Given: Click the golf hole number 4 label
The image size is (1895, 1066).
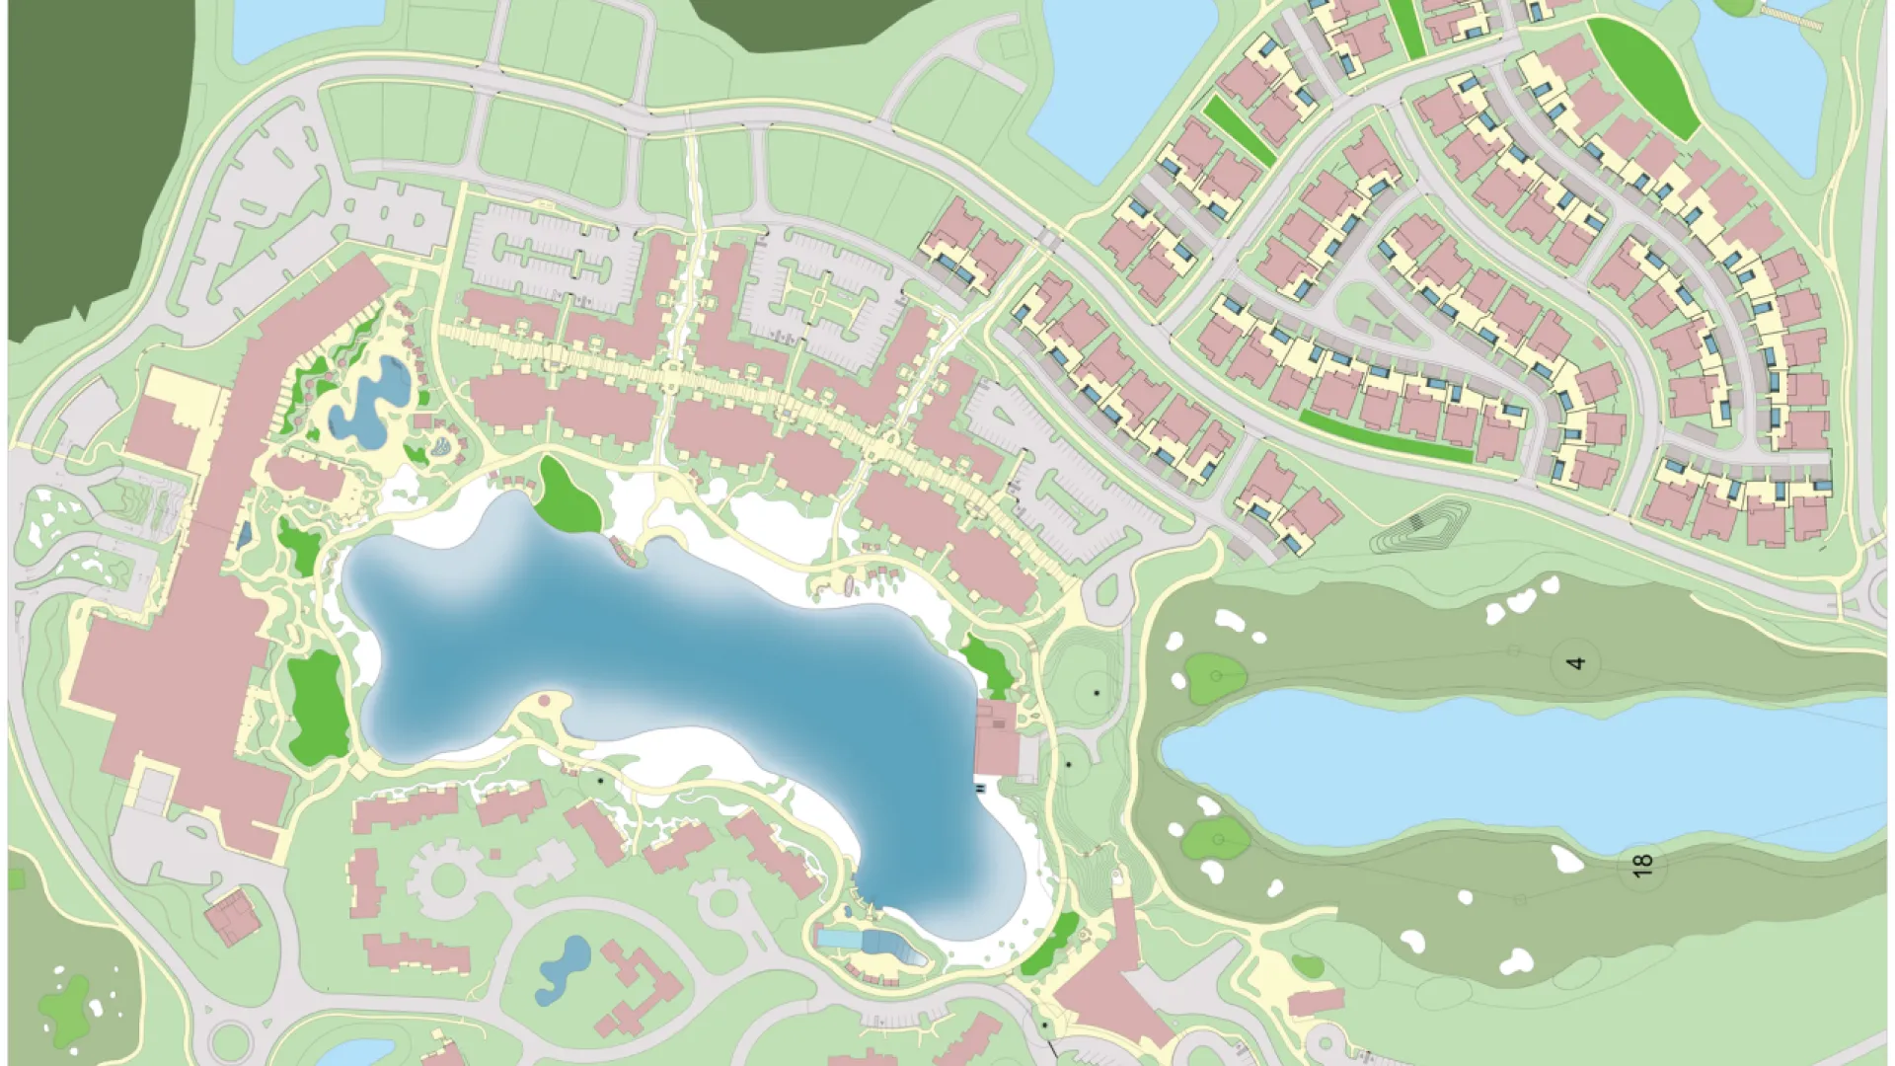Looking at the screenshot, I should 1576,661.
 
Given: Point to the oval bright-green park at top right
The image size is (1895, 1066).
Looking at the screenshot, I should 1642,79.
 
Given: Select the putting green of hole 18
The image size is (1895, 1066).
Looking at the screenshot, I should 1216,839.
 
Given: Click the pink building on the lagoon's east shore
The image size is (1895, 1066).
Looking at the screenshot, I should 997,738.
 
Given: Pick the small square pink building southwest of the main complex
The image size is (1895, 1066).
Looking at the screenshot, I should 233,915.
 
